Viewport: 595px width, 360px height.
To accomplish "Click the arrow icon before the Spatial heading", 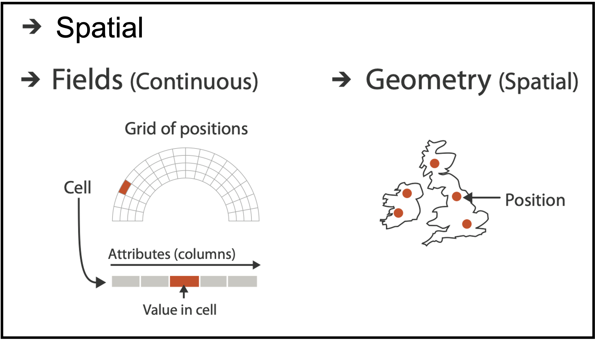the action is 32,27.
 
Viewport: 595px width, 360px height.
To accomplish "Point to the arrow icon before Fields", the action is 31,79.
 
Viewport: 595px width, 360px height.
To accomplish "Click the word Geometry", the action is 428,81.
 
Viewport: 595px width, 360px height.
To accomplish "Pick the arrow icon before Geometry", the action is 341,79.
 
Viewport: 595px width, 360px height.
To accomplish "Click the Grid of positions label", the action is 186,129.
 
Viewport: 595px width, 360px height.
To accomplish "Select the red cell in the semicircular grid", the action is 125,187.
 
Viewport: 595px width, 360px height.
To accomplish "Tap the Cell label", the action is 78,187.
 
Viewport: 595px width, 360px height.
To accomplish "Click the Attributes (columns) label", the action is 172,254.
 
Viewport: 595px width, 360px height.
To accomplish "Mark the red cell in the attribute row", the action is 184,281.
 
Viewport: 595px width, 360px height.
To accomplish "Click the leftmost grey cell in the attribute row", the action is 126,281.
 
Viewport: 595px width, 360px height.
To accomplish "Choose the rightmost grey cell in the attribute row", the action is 242,281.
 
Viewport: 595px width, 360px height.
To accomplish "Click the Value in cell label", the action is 180,310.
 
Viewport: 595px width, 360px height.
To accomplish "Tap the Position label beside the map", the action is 535,200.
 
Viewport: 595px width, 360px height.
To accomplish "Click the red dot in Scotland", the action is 435,163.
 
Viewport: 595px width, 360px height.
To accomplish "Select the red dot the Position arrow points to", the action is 457,196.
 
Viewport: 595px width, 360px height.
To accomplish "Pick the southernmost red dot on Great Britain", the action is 467,224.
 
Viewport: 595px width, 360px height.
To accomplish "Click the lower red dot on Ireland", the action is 398,213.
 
